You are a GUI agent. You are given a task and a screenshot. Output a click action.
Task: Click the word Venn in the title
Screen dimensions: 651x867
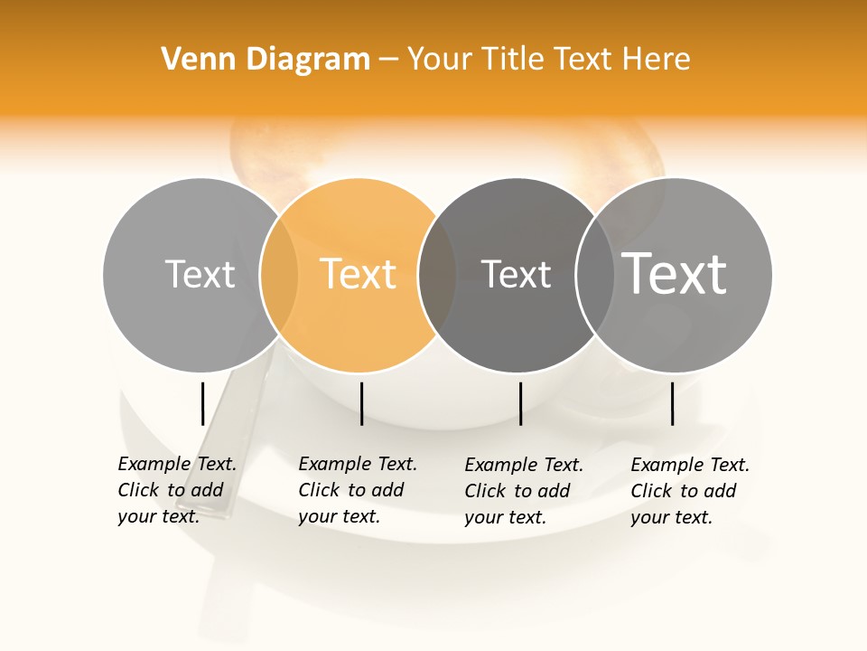coord(187,60)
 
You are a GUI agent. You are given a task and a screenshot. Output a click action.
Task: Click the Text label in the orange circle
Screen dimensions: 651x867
coord(359,274)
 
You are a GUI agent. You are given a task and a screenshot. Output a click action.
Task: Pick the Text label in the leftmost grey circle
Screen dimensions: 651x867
coord(200,274)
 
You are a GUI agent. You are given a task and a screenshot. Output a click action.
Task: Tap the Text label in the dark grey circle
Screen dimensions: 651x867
coord(516,274)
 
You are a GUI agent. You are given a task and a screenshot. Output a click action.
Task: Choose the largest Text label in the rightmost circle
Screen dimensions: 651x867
coord(675,273)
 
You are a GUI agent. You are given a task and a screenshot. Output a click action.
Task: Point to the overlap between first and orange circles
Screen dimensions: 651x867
coord(279,274)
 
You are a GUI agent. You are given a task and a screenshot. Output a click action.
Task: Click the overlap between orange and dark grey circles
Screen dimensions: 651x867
coord(438,274)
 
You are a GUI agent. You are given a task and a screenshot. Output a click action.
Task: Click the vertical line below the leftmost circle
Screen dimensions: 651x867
coord(203,403)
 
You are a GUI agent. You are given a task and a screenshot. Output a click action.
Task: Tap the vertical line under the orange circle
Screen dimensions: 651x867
coord(361,403)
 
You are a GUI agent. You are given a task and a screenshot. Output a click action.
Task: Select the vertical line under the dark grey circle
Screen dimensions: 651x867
coord(520,403)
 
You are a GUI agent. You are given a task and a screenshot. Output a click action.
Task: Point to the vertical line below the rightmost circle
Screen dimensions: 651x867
coord(673,403)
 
